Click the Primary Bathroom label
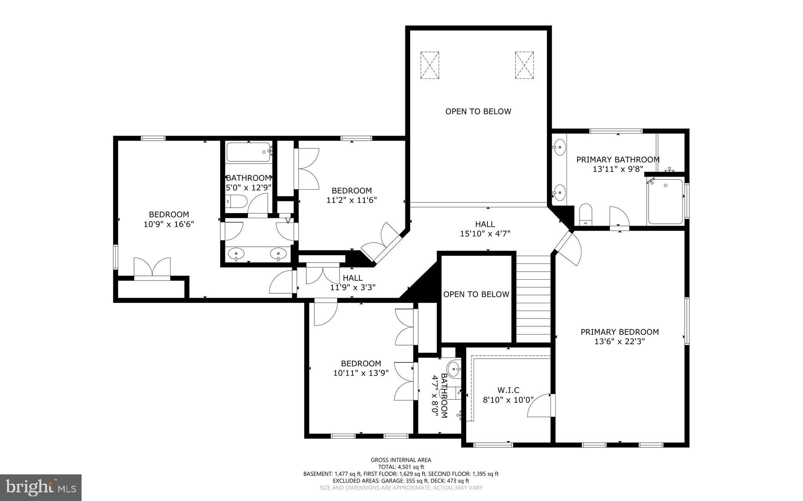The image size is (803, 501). [x=618, y=160]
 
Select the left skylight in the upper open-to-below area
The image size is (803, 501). [x=430, y=65]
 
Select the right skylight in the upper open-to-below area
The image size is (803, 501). [x=524, y=65]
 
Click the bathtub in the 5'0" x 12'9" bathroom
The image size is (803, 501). [x=248, y=152]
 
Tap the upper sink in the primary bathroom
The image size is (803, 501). [x=560, y=148]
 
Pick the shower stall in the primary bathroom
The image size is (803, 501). [x=665, y=201]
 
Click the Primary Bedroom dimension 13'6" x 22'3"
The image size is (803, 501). [x=620, y=341]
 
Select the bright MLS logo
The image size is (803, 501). [x=41, y=487]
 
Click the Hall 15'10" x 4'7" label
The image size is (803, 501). [x=485, y=229]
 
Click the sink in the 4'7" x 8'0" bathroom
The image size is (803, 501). [x=454, y=368]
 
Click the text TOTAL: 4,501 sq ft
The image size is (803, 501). [x=401, y=467]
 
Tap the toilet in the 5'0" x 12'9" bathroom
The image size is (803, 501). [x=237, y=202]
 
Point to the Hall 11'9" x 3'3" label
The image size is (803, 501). [x=352, y=282]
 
